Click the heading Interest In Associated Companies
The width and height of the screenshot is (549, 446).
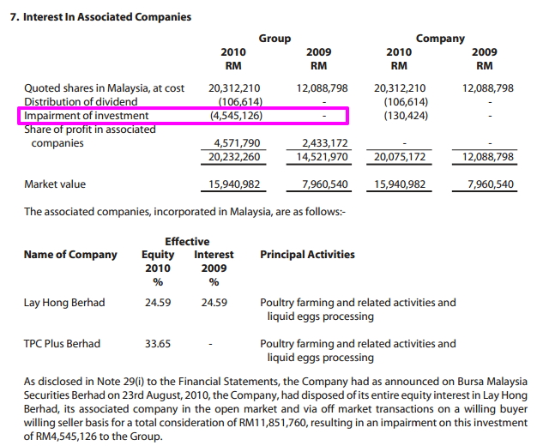[100, 17]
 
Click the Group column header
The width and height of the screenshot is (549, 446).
[274, 39]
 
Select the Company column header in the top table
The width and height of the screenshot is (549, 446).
[440, 39]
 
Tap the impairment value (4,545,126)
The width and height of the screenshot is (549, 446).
[235, 116]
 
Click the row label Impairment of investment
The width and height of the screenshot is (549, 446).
[86, 116]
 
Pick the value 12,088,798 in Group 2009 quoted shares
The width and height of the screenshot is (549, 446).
[322, 88]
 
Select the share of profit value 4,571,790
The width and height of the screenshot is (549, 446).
[235, 143]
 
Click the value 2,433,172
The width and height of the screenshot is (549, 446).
[322, 143]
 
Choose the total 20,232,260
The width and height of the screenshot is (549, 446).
[235, 157]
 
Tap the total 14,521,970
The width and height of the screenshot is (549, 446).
[322, 157]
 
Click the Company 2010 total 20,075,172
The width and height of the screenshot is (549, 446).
[401, 157]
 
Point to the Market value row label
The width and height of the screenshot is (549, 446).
[55, 184]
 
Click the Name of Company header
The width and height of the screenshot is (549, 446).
[70, 255]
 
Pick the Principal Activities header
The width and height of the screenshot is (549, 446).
[307, 255]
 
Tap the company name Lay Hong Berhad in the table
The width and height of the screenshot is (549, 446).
[64, 303]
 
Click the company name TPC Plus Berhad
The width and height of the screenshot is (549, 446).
[62, 344]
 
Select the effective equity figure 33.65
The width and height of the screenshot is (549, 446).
[158, 344]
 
